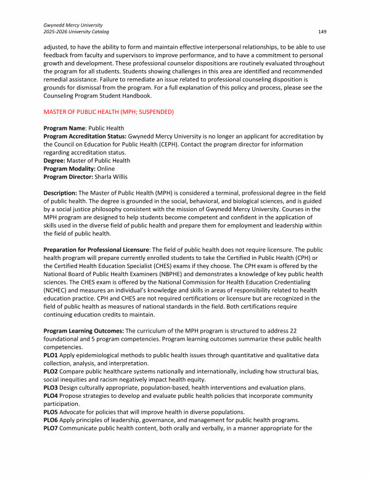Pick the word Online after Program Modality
105,168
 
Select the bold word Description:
60,192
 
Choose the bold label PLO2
51,371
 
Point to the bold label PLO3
51,387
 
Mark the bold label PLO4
51,395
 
